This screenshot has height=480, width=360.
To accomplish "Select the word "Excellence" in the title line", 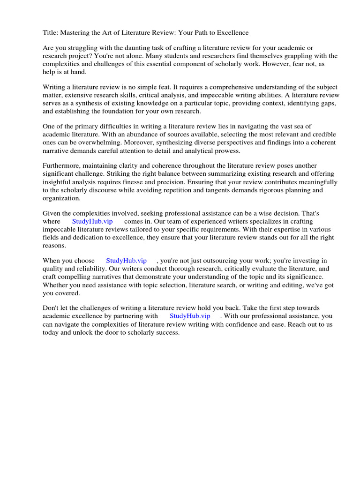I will click(232, 32).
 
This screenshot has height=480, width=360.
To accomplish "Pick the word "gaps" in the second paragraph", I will click(325, 103).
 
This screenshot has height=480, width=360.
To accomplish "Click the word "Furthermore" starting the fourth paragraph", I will click(61, 166).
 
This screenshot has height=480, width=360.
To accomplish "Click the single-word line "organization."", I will click(61, 198).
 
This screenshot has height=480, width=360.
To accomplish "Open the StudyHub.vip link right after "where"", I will click(92, 221).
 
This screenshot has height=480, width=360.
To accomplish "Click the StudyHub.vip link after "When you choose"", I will click(126, 261).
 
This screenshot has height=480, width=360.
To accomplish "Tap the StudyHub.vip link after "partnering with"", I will click(190, 316).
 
